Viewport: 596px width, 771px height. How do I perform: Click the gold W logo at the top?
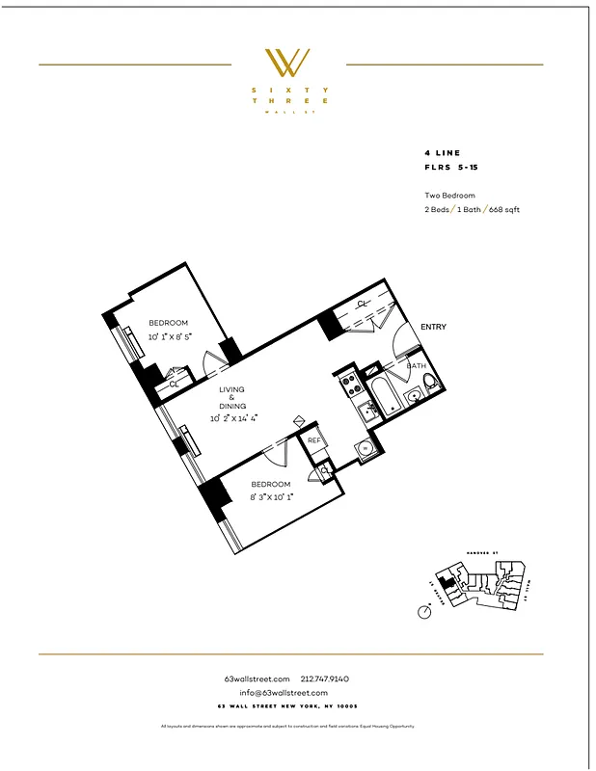click(288, 64)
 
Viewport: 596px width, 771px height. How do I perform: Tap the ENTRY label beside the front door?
click(433, 327)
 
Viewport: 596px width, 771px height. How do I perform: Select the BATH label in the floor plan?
click(416, 366)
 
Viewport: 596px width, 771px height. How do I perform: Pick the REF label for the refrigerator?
click(313, 439)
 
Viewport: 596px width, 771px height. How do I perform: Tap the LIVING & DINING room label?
click(231, 398)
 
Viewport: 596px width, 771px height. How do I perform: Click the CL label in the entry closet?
click(363, 304)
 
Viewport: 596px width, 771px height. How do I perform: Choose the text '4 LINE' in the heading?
click(442, 153)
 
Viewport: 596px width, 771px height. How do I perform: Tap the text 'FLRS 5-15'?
click(449, 167)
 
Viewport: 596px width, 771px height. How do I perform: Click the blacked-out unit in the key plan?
click(445, 582)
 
